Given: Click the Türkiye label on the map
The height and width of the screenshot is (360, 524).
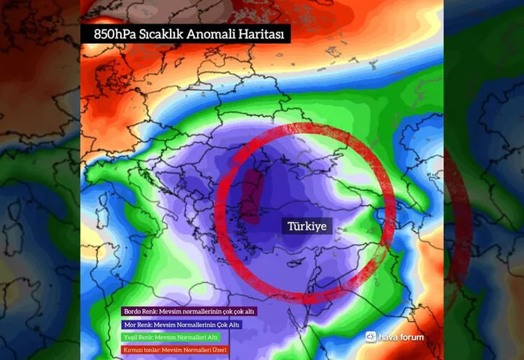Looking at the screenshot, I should coord(307,226).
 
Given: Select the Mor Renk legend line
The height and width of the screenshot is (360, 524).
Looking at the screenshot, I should coord(181,325).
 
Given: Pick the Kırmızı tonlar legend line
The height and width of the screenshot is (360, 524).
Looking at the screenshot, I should coord(180,349).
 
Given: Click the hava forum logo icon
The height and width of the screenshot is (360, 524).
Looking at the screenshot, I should coord(371,336).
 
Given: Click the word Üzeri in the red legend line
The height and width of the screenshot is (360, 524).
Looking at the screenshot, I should coord(230,349).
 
